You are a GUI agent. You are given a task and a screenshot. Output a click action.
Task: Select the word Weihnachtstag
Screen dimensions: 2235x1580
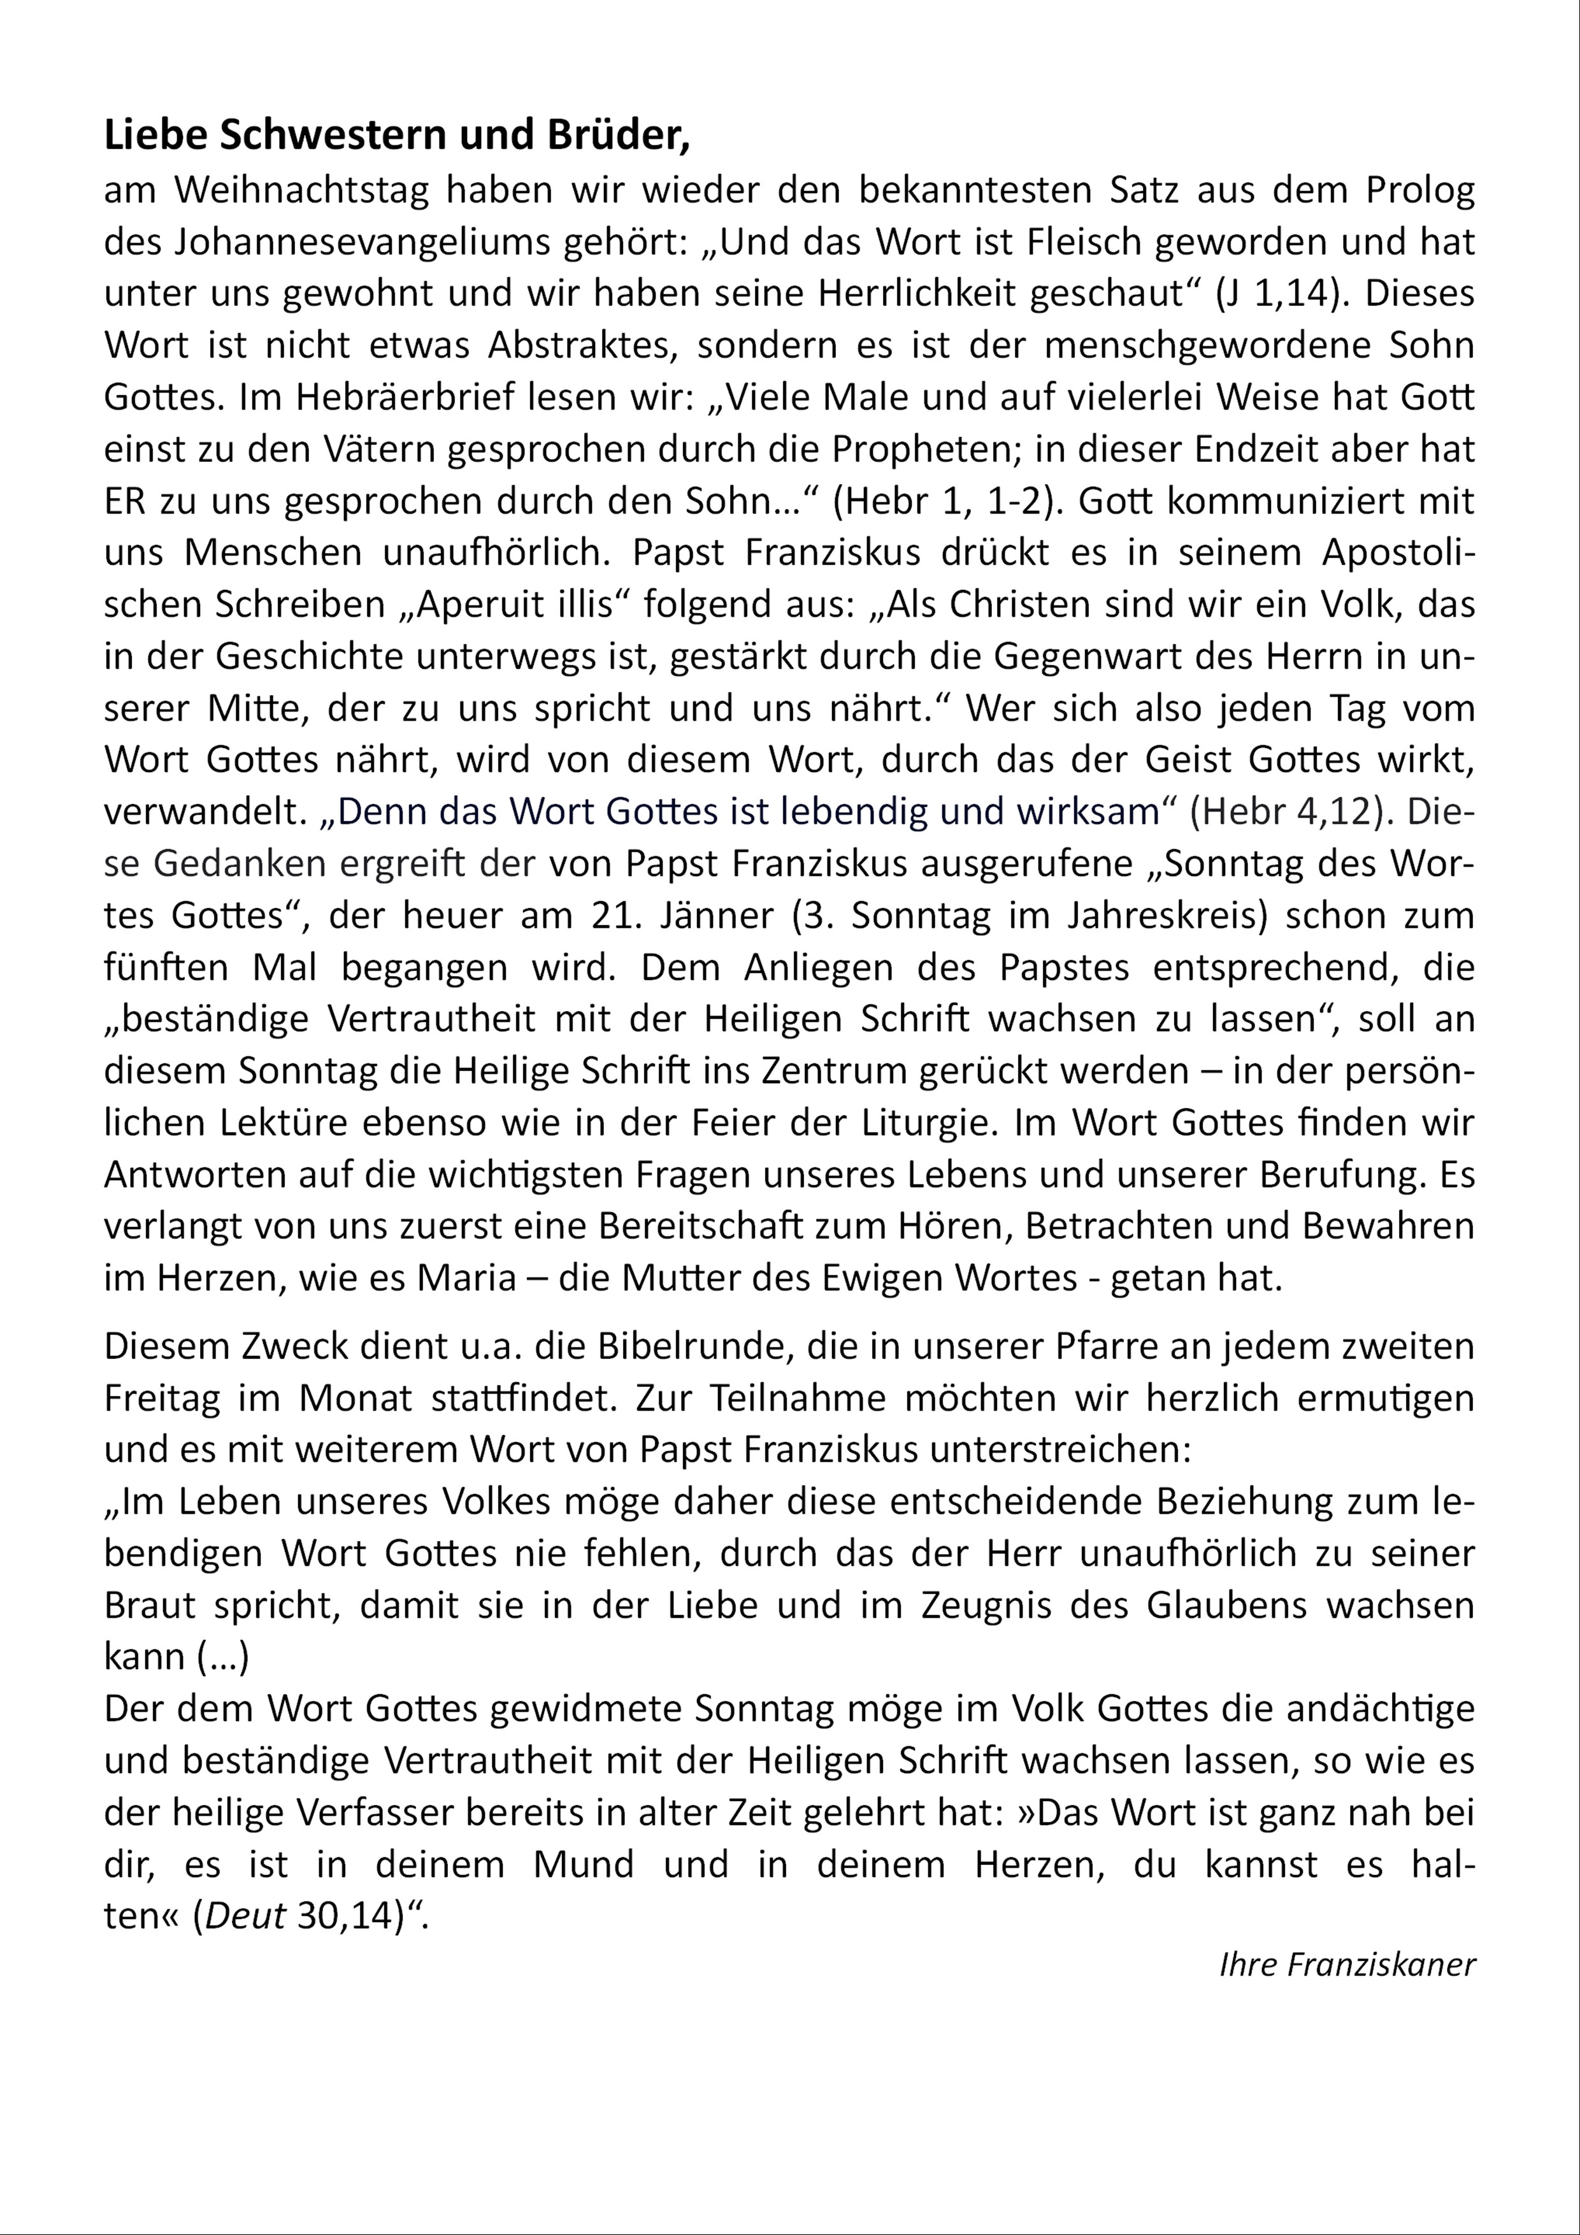click(x=302, y=190)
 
